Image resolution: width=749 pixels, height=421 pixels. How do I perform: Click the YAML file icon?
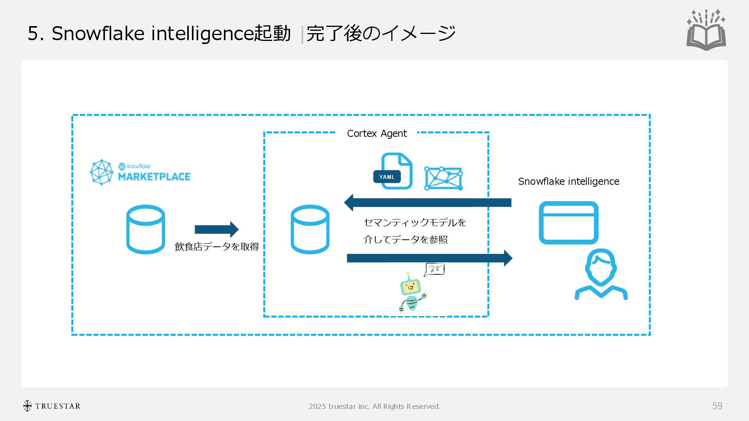(393, 172)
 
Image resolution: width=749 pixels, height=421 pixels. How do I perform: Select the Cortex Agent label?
(376, 134)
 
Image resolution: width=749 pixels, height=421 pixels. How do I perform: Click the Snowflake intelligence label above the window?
(568, 182)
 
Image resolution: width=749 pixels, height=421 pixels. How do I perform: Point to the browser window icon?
(568, 223)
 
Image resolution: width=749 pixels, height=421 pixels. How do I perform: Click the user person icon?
(601, 274)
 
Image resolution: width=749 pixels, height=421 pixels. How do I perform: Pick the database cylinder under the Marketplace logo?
(146, 229)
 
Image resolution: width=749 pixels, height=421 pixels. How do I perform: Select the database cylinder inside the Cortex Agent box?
(310, 229)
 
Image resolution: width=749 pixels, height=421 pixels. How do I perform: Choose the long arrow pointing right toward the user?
(429, 258)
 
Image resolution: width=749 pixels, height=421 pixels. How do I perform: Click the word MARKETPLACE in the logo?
(154, 177)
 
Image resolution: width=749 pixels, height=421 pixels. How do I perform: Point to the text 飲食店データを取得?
(217, 247)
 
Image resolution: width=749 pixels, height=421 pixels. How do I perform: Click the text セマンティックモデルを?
(415, 223)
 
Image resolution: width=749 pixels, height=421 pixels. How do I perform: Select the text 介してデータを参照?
(405, 239)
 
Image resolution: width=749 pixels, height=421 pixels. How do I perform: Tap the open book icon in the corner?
(706, 30)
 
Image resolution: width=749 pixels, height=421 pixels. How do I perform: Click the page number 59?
(717, 406)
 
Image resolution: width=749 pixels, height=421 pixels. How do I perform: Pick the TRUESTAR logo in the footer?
(52, 406)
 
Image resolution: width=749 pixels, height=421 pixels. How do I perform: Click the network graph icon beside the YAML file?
(444, 179)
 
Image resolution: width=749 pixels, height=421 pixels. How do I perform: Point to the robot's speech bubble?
(435, 269)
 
